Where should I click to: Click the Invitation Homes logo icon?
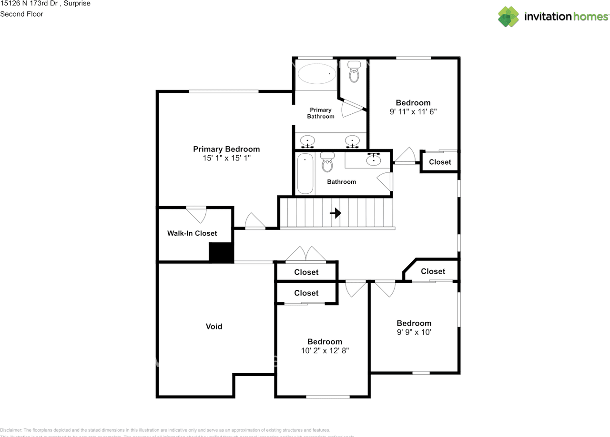(x=508, y=17)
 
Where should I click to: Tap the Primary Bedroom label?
(x=226, y=149)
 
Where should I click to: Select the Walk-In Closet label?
(x=192, y=233)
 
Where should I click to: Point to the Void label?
(x=214, y=327)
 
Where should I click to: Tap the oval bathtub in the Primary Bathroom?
(x=316, y=74)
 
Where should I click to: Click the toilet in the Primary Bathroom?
(x=354, y=72)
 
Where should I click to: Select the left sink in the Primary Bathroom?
(x=308, y=140)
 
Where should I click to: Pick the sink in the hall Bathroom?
(x=373, y=159)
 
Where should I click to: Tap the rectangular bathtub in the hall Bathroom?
(x=305, y=173)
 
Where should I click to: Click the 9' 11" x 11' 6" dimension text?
(x=413, y=112)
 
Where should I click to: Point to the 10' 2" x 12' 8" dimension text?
(x=325, y=351)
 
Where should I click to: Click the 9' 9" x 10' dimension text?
(x=414, y=332)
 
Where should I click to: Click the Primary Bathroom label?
(x=320, y=113)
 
